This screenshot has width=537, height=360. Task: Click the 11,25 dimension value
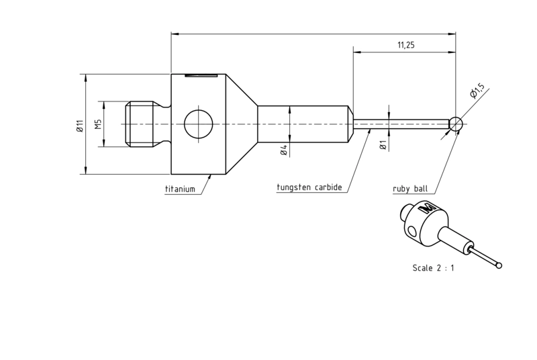point(406,45)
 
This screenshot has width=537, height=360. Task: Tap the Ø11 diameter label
point(79,126)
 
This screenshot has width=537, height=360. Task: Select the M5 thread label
point(98,124)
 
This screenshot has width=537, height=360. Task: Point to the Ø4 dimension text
point(284,150)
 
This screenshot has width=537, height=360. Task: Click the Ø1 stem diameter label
point(383,145)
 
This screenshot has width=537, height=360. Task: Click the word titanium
point(180,189)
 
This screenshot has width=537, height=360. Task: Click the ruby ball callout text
point(410,189)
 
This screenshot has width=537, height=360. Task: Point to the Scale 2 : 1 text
point(433,268)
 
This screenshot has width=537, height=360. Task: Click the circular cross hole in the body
point(198,124)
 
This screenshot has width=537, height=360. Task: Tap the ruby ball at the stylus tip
point(456,124)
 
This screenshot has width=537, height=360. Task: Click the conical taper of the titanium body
point(242,124)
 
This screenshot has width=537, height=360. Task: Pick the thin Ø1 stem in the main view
point(401,124)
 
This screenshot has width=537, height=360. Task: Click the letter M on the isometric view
point(427,208)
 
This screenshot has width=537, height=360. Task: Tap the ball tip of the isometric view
point(499,265)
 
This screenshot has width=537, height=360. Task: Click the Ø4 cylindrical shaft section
point(304,124)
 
